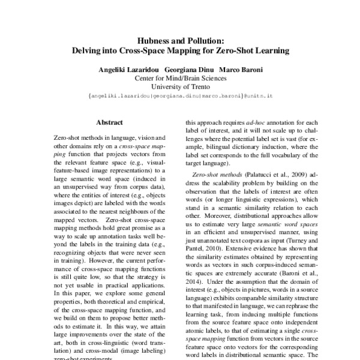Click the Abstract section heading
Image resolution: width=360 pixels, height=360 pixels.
click(x=109, y=121)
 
